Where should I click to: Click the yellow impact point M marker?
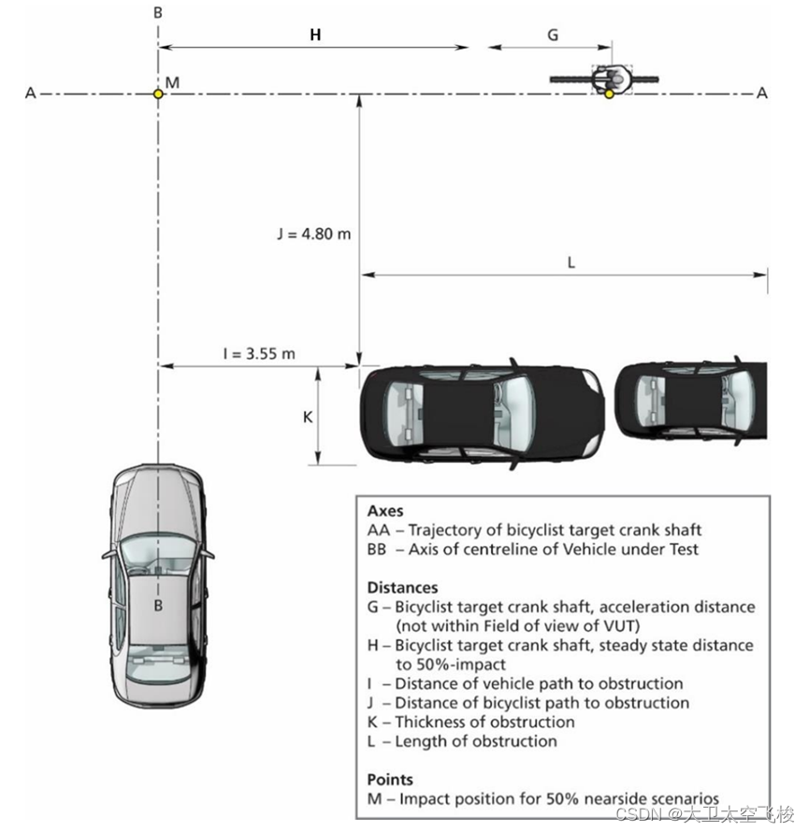pyautogui.click(x=158, y=93)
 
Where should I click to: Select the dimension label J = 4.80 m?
pyautogui.click(x=314, y=234)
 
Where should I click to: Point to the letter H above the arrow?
pyautogui.click(x=315, y=36)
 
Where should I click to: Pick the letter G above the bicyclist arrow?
pyautogui.click(x=553, y=36)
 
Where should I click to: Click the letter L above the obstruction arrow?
pyautogui.click(x=571, y=263)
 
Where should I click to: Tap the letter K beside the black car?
pyautogui.click(x=307, y=417)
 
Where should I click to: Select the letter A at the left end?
pyautogui.click(x=31, y=93)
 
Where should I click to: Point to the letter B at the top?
pyautogui.click(x=158, y=12)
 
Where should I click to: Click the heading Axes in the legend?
pyautogui.click(x=384, y=512)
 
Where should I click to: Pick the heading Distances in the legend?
pyautogui.click(x=402, y=588)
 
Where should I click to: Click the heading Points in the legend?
pyautogui.click(x=390, y=779)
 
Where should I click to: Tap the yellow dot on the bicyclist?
pyautogui.click(x=609, y=93)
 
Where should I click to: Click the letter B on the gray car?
pyautogui.click(x=159, y=605)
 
